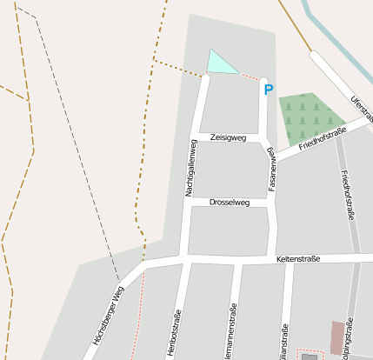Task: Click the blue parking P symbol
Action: tap(269, 89)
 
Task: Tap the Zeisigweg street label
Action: tap(229, 137)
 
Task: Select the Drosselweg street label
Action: tap(230, 203)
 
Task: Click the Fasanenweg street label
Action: tap(272, 170)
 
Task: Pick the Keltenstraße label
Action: tap(298, 259)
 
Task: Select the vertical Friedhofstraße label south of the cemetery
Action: tap(349, 195)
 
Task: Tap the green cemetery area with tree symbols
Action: tap(307, 117)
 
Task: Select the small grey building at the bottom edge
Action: tap(310, 357)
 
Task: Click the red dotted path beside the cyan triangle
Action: tap(250, 77)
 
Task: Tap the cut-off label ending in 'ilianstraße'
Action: tap(283, 340)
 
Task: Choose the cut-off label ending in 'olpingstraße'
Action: tap(350, 340)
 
